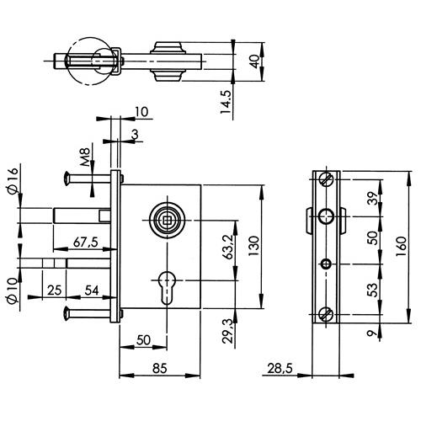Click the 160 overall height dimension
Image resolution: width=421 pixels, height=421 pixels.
point(402,247)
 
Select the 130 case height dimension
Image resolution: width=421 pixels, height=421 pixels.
point(254,246)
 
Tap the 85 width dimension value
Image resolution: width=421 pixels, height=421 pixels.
point(160,368)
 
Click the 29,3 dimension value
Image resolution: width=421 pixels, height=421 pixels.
point(227,331)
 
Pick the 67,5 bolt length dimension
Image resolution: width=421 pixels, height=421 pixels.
point(86,242)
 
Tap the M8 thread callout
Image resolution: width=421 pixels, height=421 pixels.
point(85,157)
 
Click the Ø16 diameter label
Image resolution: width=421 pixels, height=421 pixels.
point(13,181)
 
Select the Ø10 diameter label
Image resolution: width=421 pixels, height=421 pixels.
point(13,291)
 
